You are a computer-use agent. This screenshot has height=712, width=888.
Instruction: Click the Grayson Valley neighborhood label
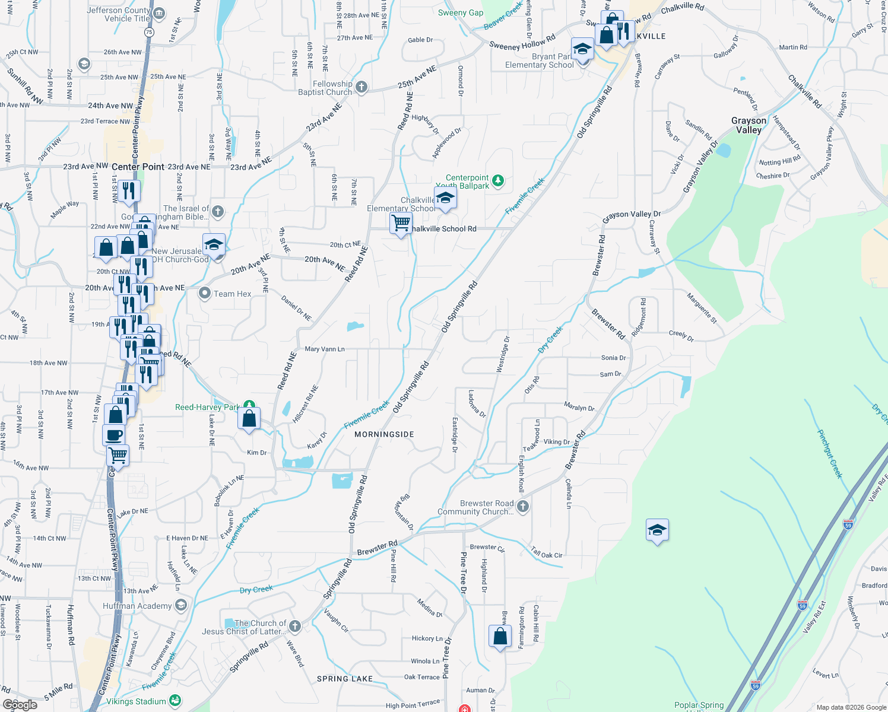pos(749,125)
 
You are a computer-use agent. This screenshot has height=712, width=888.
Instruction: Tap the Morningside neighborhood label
pos(384,434)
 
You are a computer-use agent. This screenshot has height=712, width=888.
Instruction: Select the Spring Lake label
pos(345,679)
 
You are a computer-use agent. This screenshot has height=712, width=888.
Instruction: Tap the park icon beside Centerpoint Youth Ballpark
pos(498,180)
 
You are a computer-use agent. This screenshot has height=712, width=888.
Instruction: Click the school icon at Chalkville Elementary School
pos(445,198)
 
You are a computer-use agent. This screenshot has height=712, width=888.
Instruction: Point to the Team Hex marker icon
pos(205,293)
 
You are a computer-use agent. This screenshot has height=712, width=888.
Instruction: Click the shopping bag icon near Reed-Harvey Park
pos(250,418)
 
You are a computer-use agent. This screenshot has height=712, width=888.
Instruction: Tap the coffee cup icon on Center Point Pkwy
pos(114,435)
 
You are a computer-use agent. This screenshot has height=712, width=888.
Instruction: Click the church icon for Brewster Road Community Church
pos(522,507)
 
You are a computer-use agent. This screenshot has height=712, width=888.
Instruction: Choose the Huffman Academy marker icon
pos(181,605)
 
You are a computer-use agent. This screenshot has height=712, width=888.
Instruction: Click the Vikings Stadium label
pos(136,701)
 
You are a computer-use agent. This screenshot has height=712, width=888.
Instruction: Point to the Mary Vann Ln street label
pos(324,349)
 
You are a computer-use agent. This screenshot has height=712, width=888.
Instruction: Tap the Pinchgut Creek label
pos(830,453)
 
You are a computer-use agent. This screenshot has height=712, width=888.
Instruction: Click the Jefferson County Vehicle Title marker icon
pos(159,14)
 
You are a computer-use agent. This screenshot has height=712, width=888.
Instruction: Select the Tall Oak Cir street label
pos(547,554)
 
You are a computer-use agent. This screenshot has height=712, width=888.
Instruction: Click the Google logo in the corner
pos(20,705)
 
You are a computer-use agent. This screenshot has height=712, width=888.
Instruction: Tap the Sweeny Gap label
pos(460,12)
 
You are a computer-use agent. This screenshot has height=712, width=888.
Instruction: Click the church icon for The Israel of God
pos(218,211)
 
